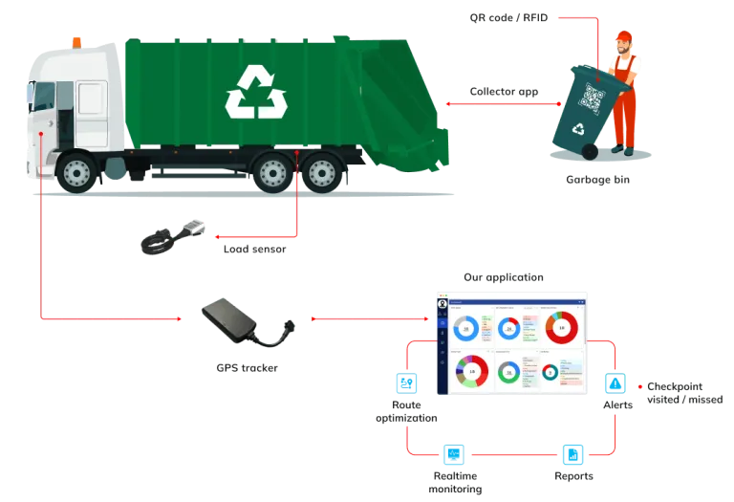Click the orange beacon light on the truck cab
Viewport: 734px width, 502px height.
(76, 41)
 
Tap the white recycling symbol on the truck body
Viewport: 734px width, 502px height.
(256, 92)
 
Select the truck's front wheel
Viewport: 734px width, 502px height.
(76, 173)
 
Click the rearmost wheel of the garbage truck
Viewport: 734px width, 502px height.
(321, 173)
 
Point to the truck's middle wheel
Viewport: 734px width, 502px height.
(272, 173)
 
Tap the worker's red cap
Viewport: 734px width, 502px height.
(622, 38)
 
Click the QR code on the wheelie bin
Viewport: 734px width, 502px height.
(593, 97)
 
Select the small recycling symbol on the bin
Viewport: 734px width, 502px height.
(577, 129)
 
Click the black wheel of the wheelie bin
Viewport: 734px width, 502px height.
(590, 152)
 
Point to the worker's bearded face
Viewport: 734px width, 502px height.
(623, 49)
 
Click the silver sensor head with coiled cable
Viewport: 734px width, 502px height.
(190, 226)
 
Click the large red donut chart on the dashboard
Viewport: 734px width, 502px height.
(561, 327)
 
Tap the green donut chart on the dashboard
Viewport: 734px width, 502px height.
(508, 371)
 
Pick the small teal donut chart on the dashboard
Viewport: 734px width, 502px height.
(550, 371)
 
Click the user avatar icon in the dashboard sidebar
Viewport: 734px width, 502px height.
(443, 303)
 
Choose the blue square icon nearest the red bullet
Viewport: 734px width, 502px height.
(615, 384)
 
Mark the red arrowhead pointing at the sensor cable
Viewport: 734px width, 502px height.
(217, 235)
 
